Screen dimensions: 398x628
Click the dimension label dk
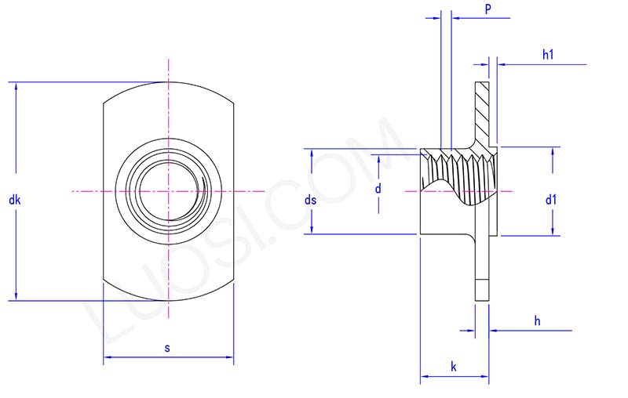point(14,201)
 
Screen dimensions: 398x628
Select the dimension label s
point(167,348)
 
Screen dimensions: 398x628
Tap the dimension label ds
point(310,201)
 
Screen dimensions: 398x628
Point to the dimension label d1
point(551,200)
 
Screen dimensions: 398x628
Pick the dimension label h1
point(548,54)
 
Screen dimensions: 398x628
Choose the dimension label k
point(454,367)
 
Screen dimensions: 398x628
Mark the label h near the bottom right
point(537,320)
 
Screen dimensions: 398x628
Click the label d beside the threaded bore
point(378,189)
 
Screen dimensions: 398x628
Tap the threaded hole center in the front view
point(167,190)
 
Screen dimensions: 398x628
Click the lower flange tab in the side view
point(481,266)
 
